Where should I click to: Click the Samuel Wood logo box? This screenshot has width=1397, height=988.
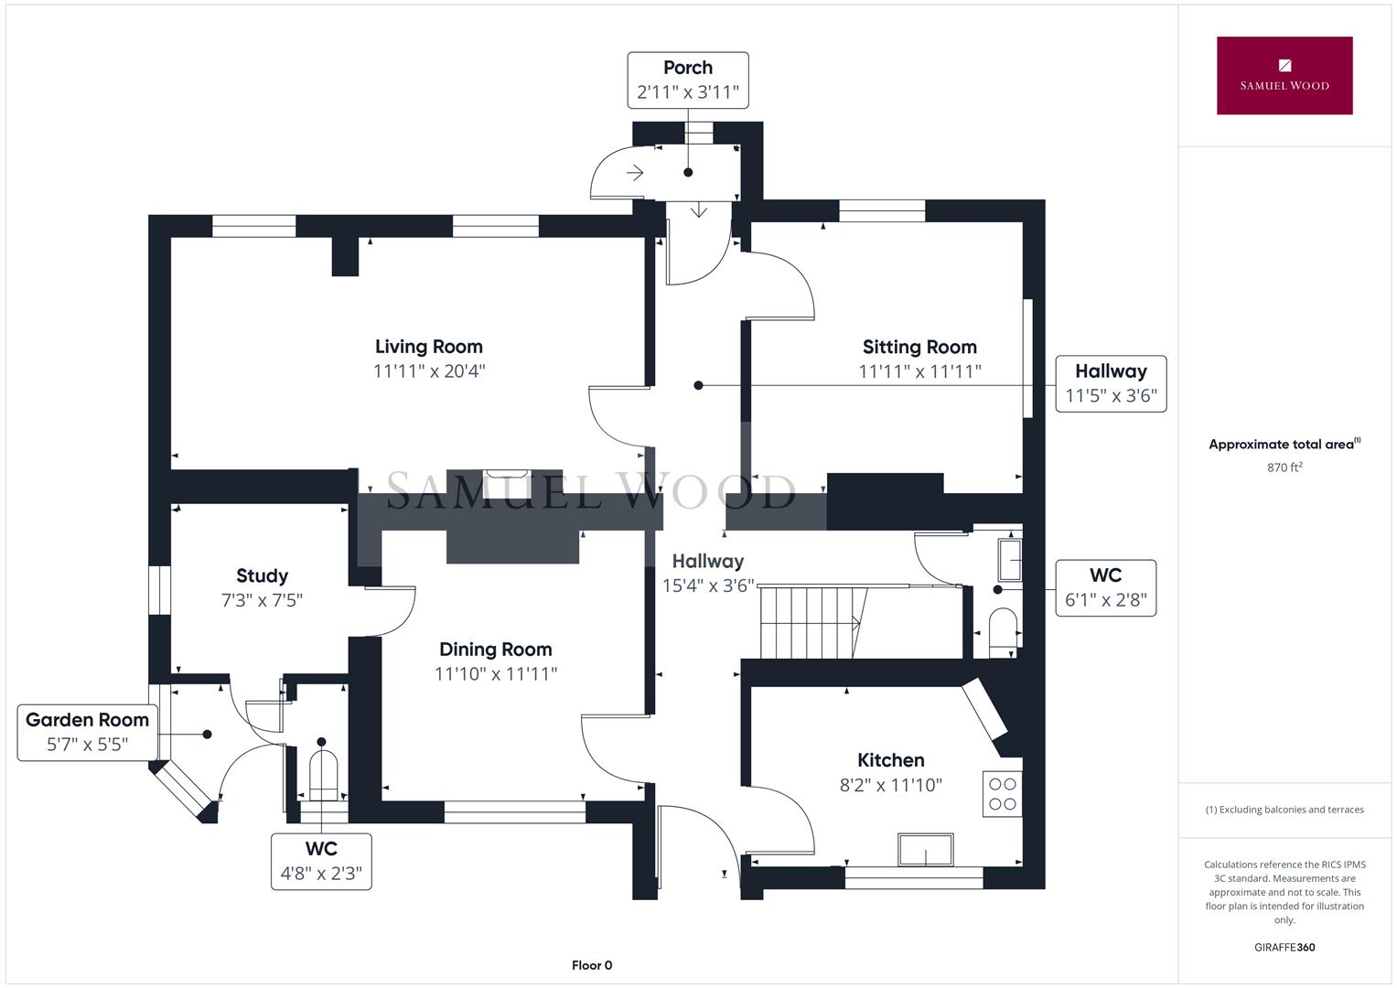[1284, 76]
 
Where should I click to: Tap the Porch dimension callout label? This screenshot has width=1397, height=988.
[687, 81]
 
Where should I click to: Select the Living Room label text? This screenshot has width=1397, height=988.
[428, 347]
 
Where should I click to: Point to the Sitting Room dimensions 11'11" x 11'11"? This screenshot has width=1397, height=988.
[919, 371]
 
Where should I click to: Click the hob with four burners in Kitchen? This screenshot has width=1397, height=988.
[1003, 794]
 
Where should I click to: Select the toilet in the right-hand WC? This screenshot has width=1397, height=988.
[1004, 632]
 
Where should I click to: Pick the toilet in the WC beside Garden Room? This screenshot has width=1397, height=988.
[324, 774]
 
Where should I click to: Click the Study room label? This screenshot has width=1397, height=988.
[262, 575]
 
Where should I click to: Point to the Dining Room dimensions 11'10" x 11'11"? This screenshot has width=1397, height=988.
[495, 674]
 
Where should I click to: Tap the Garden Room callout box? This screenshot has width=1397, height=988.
[87, 732]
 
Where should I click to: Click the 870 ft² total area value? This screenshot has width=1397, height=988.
[1284, 467]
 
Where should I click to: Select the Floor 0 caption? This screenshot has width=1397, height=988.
[592, 965]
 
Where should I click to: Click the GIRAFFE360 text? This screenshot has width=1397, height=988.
[1284, 947]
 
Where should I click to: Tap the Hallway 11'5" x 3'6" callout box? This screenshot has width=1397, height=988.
[1111, 383]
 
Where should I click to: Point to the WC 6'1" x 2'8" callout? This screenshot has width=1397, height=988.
[1105, 588]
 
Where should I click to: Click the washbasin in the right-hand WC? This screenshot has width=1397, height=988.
[1009, 560]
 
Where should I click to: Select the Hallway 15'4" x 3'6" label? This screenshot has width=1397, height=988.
[707, 573]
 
